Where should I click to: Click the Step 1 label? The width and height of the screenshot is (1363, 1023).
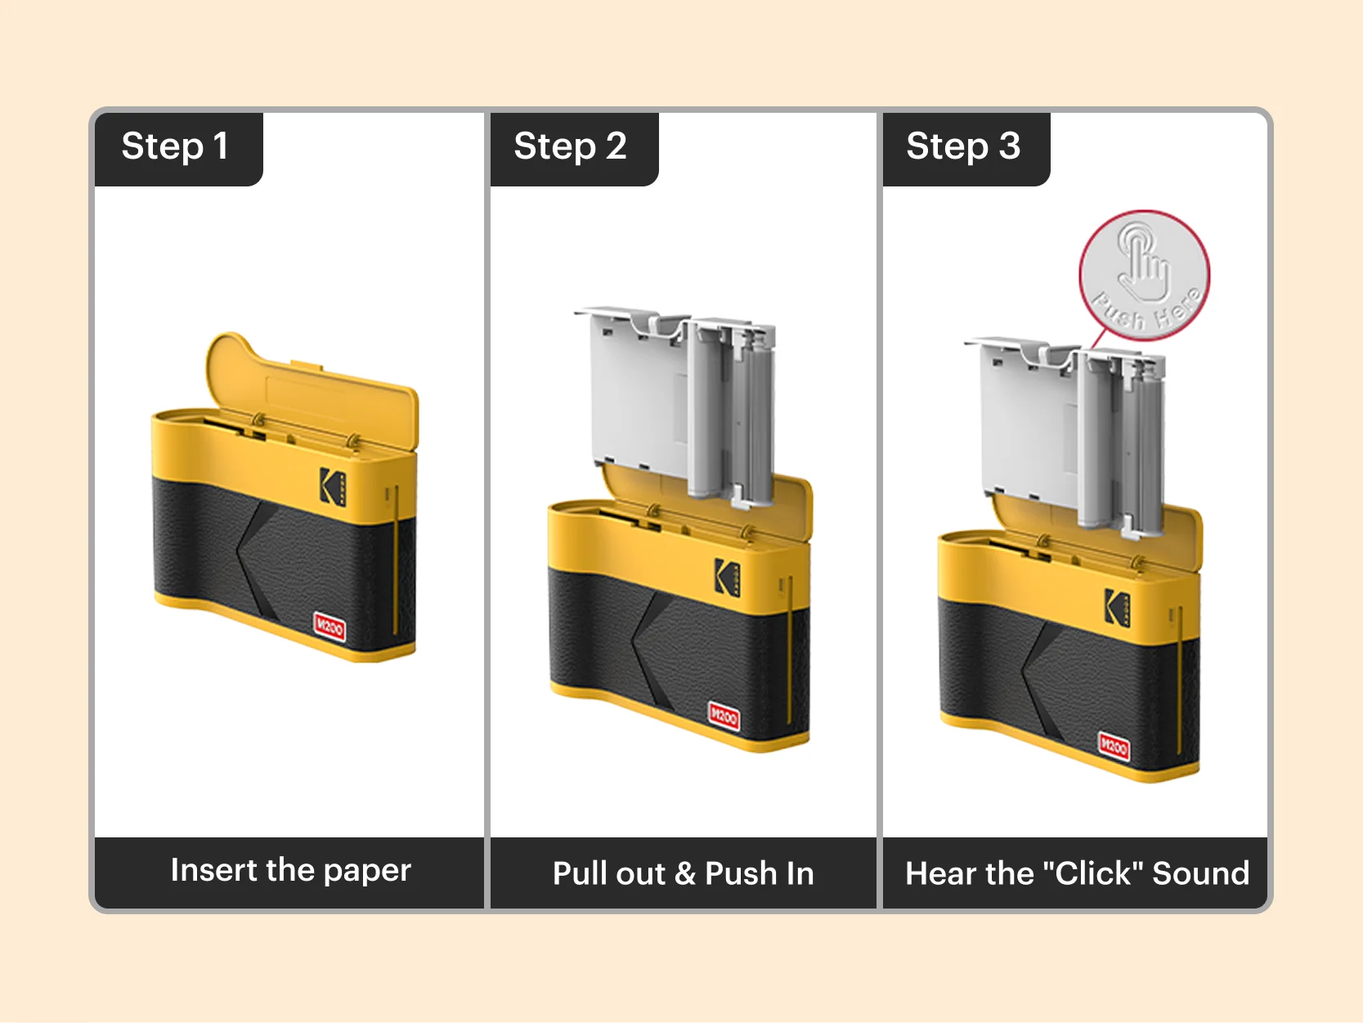click(175, 147)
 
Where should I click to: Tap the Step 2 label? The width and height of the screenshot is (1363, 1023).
click(570, 147)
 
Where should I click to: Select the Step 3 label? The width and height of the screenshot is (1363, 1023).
click(963, 147)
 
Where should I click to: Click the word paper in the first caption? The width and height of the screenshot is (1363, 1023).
click(367, 871)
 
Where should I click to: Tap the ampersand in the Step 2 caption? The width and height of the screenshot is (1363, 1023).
click(684, 874)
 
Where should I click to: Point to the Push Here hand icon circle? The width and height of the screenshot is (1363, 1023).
click(1144, 275)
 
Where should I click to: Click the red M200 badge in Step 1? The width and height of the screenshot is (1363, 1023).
click(330, 627)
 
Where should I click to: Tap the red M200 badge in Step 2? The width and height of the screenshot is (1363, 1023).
click(724, 717)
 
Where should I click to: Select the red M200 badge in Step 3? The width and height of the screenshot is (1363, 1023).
click(1113, 747)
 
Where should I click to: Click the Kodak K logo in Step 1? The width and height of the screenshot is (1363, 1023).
click(332, 487)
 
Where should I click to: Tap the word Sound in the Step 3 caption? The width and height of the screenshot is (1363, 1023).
click(1200, 873)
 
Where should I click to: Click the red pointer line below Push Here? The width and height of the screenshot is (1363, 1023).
click(1101, 339)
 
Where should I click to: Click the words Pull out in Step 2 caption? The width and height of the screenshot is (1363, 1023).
click(609, 874)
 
